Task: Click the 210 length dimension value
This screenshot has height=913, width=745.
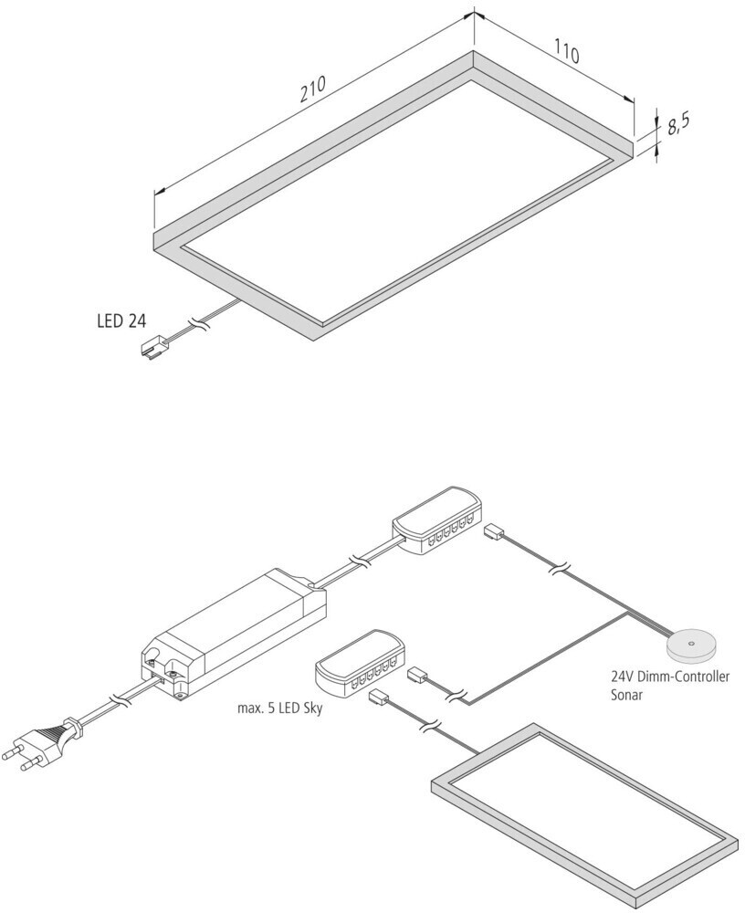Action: tap(312, 92)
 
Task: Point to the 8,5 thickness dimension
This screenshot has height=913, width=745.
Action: tap(677, 124)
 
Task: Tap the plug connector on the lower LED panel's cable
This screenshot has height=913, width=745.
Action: tap(378, 698)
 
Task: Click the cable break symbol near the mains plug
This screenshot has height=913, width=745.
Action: tap(118, 700)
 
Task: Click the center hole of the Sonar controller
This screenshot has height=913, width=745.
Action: tap(692, 644)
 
